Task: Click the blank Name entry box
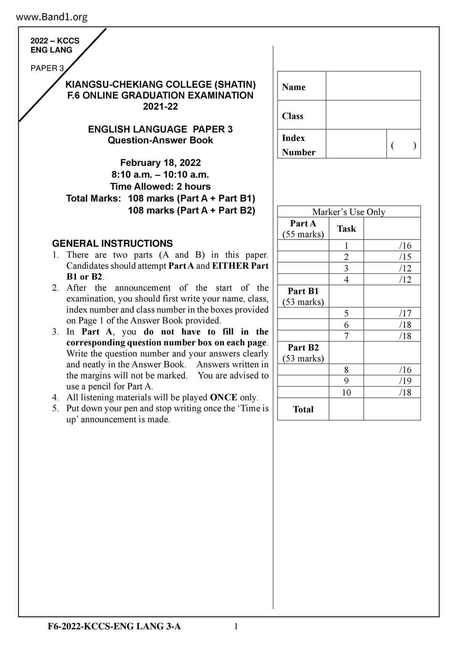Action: (373, 86)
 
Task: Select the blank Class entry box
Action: (373, 115)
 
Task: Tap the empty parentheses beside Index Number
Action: (403, 145)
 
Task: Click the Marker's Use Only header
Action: (349, 212)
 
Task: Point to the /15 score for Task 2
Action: (405, 257)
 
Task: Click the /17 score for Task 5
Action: (405, 314)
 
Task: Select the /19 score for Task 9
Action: (405, 381)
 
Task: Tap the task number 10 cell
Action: (346, 392)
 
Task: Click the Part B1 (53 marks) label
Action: (303, 296)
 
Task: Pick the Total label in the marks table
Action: (303, 409)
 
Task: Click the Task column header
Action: (346, 229)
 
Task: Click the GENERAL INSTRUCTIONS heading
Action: (112, 243)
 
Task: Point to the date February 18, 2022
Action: (160, 163)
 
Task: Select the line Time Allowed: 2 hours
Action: (160, 187)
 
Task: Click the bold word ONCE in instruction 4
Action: (224, 397)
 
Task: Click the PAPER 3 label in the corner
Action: (47, 68)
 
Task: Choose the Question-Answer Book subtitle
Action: (160, 140)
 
